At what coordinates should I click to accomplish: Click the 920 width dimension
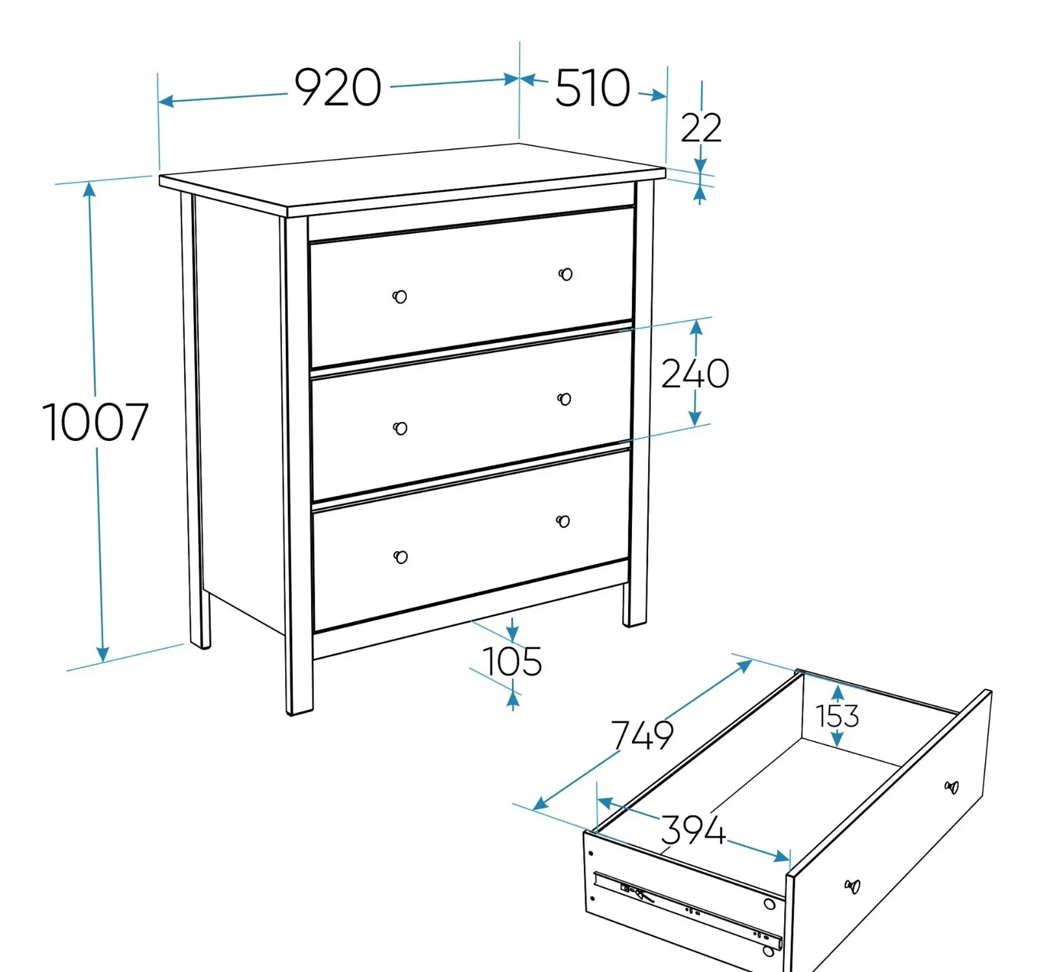(x=338, y=88)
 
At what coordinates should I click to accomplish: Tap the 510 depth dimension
(x=592, y=88)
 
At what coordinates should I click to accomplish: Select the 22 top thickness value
(x=701, y=128)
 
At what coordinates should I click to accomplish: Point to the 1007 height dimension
(x=95, y=422)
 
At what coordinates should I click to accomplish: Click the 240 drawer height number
(x=695, y=373)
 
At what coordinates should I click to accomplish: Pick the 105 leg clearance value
(x=513, y=661)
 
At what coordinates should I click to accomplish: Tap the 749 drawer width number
(x=642, y=735)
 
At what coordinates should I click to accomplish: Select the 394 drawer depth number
(x=693, y=830)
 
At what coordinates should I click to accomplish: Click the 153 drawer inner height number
(x=837, y=717)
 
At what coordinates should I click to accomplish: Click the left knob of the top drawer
(x=400, y=296)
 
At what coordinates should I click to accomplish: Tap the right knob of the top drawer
(x=565, y=274)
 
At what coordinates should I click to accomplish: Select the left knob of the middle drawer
(x=401, y=428)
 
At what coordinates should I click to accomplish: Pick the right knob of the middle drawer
(x=565, y=399)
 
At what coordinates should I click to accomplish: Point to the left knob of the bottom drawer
(x=401, y=556)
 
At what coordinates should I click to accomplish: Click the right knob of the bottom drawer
(x=563, y=521)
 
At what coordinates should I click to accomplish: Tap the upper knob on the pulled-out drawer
(x=951, y=787)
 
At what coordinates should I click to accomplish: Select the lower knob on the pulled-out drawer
(x=852, y=886)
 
